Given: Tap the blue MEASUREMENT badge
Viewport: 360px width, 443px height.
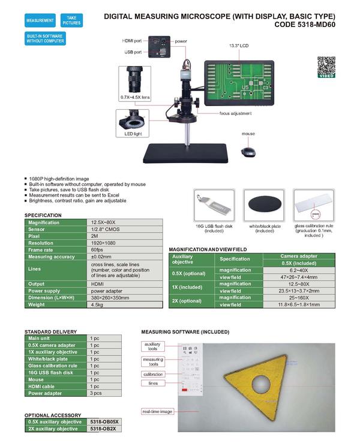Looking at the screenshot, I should click(40, 21).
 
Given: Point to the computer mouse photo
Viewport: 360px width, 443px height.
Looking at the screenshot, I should click(248, 153).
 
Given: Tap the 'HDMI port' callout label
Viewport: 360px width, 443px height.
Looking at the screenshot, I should click(132, 40).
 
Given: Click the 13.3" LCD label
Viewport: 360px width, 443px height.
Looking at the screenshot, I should click(238, 46).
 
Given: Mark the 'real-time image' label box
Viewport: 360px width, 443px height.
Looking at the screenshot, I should click(157, 411).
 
